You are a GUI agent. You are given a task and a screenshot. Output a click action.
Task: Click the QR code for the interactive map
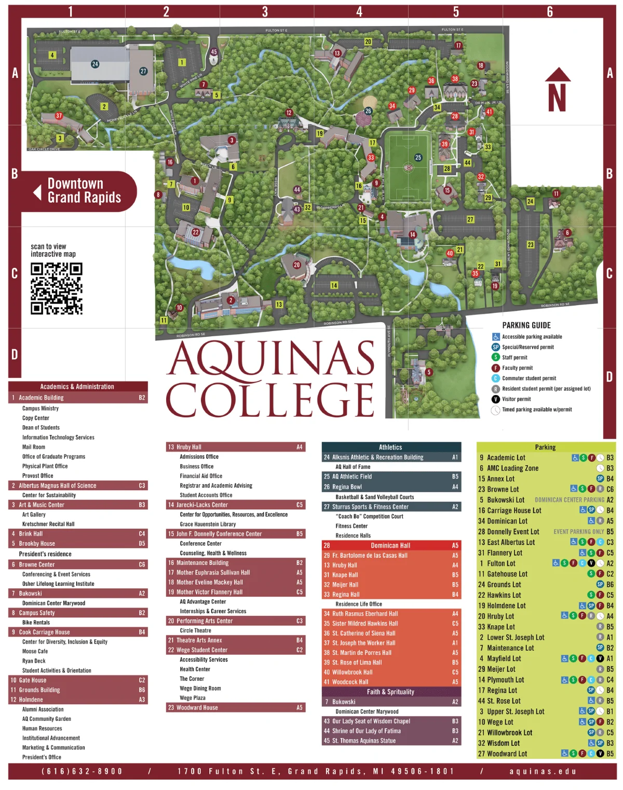pyautogui.click(x=57, y=288)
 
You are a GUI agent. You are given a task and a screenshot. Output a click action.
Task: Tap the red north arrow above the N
pyautogui.click(x=558, y=75)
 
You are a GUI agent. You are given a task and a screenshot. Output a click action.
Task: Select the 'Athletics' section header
pyautogui.click(x=391, y=447)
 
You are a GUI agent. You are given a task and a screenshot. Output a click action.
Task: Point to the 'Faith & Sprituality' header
pyautogui.click(x=391, y=692)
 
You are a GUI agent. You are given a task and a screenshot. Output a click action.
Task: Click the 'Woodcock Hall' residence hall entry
pyautogui.click(x=350, y=682)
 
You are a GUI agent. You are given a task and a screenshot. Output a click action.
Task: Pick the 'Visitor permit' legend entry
pyautogui.click(x=517, y=399)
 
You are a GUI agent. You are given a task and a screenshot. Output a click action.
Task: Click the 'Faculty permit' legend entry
pyautogui.click(x=517, y=368)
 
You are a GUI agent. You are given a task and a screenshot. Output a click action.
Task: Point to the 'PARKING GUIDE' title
pyautogui.click(x=526, y=325)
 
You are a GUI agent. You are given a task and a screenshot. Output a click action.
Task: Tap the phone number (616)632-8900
pyautogui.click(x=82, y=771)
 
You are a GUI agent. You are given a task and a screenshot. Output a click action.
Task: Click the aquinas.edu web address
pyautogui.click(x=543, y=771)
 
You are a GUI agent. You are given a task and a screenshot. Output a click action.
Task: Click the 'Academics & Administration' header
pyautogui.click(x=77, y=387)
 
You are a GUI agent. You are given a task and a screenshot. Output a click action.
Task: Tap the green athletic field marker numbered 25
pyautogui.click(x=418, y=157)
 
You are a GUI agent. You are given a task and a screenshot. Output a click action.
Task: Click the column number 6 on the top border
pyautogui.click(x=550, y=11)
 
